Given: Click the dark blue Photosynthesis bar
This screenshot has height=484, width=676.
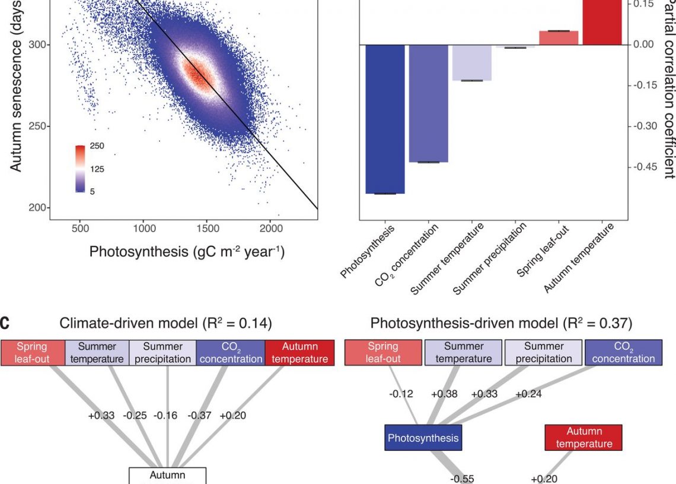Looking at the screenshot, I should pyautogui.click(x=385, y=119).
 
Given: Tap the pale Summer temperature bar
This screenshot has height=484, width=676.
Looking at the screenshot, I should pyautogui.click(x=472, y=62).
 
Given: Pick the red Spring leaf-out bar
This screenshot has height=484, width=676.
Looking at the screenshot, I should pyautogui.click(x=559, y=37).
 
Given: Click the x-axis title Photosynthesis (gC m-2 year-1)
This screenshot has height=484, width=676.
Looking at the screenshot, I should pyautogui.click(x=187, y=252).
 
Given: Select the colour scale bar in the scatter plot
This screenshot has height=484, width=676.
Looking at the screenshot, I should pyautogui.click(x=81, y=169).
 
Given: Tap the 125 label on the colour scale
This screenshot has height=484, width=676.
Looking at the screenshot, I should pyautogui.click(x=97, y=169).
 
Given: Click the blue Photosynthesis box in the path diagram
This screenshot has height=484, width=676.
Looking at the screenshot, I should pyautogui.click(x=423, y=438).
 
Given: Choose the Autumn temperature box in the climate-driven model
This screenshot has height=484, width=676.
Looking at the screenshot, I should pyautogui.click(x=299, y=352).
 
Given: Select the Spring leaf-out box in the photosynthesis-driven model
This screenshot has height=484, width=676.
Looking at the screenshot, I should pyautogui.click(x=383, y=352).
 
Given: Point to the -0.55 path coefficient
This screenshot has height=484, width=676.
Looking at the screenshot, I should pyautogui.click(x=462, y=479).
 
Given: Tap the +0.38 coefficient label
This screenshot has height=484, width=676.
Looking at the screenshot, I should pyautogui.click(x=444, y=394).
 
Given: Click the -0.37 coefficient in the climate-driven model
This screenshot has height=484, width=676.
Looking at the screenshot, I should pyautogui.click(x=199, y=416).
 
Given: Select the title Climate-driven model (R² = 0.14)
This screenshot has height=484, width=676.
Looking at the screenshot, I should pyautogui.click(x=166, y=324).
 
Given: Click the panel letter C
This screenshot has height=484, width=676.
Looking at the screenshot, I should pyautogui.click(x=5, y=324).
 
